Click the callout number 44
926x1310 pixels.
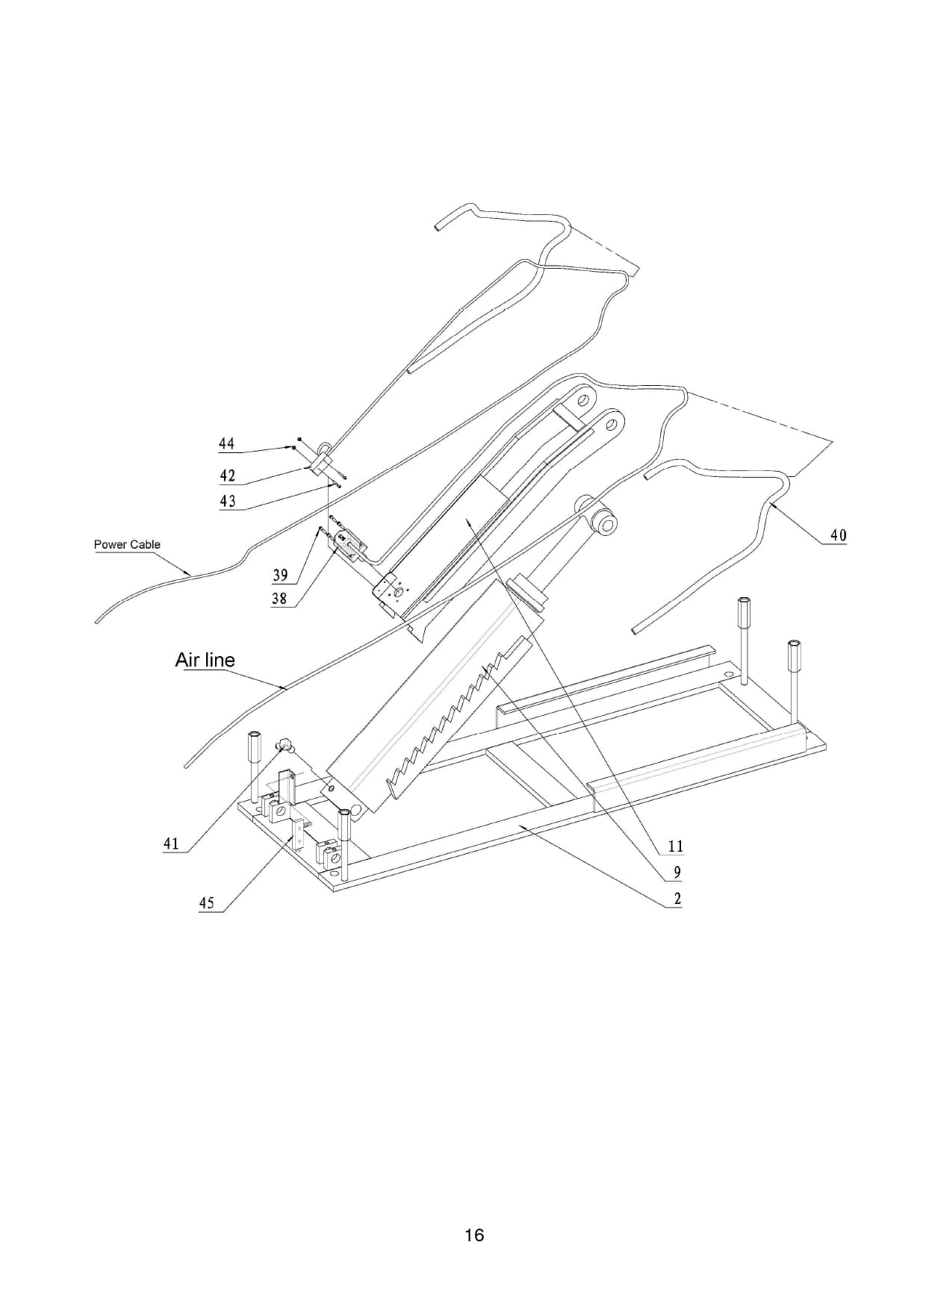click(226, 444)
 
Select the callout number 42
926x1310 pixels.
click(227, 475)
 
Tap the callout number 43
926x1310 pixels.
click(227, 501)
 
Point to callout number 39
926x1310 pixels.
click(280, 575)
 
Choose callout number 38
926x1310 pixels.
click(279, 599)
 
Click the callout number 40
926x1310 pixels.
click(839, 535)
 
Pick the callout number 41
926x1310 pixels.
click(171, 843)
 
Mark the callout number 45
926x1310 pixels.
click(206, 903)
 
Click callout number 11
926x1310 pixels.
click(676, 846)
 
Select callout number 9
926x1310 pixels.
click(677, 872)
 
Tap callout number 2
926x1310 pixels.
click(677, 899)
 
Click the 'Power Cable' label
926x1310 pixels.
click(127, 544)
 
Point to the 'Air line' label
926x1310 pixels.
click(205, 660)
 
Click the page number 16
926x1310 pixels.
click(474, 1235)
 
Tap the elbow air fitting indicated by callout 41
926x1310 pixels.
click(285, 743)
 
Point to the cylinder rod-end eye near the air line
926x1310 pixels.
click(601, 520)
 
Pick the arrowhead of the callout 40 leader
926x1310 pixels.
click(768, 505)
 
